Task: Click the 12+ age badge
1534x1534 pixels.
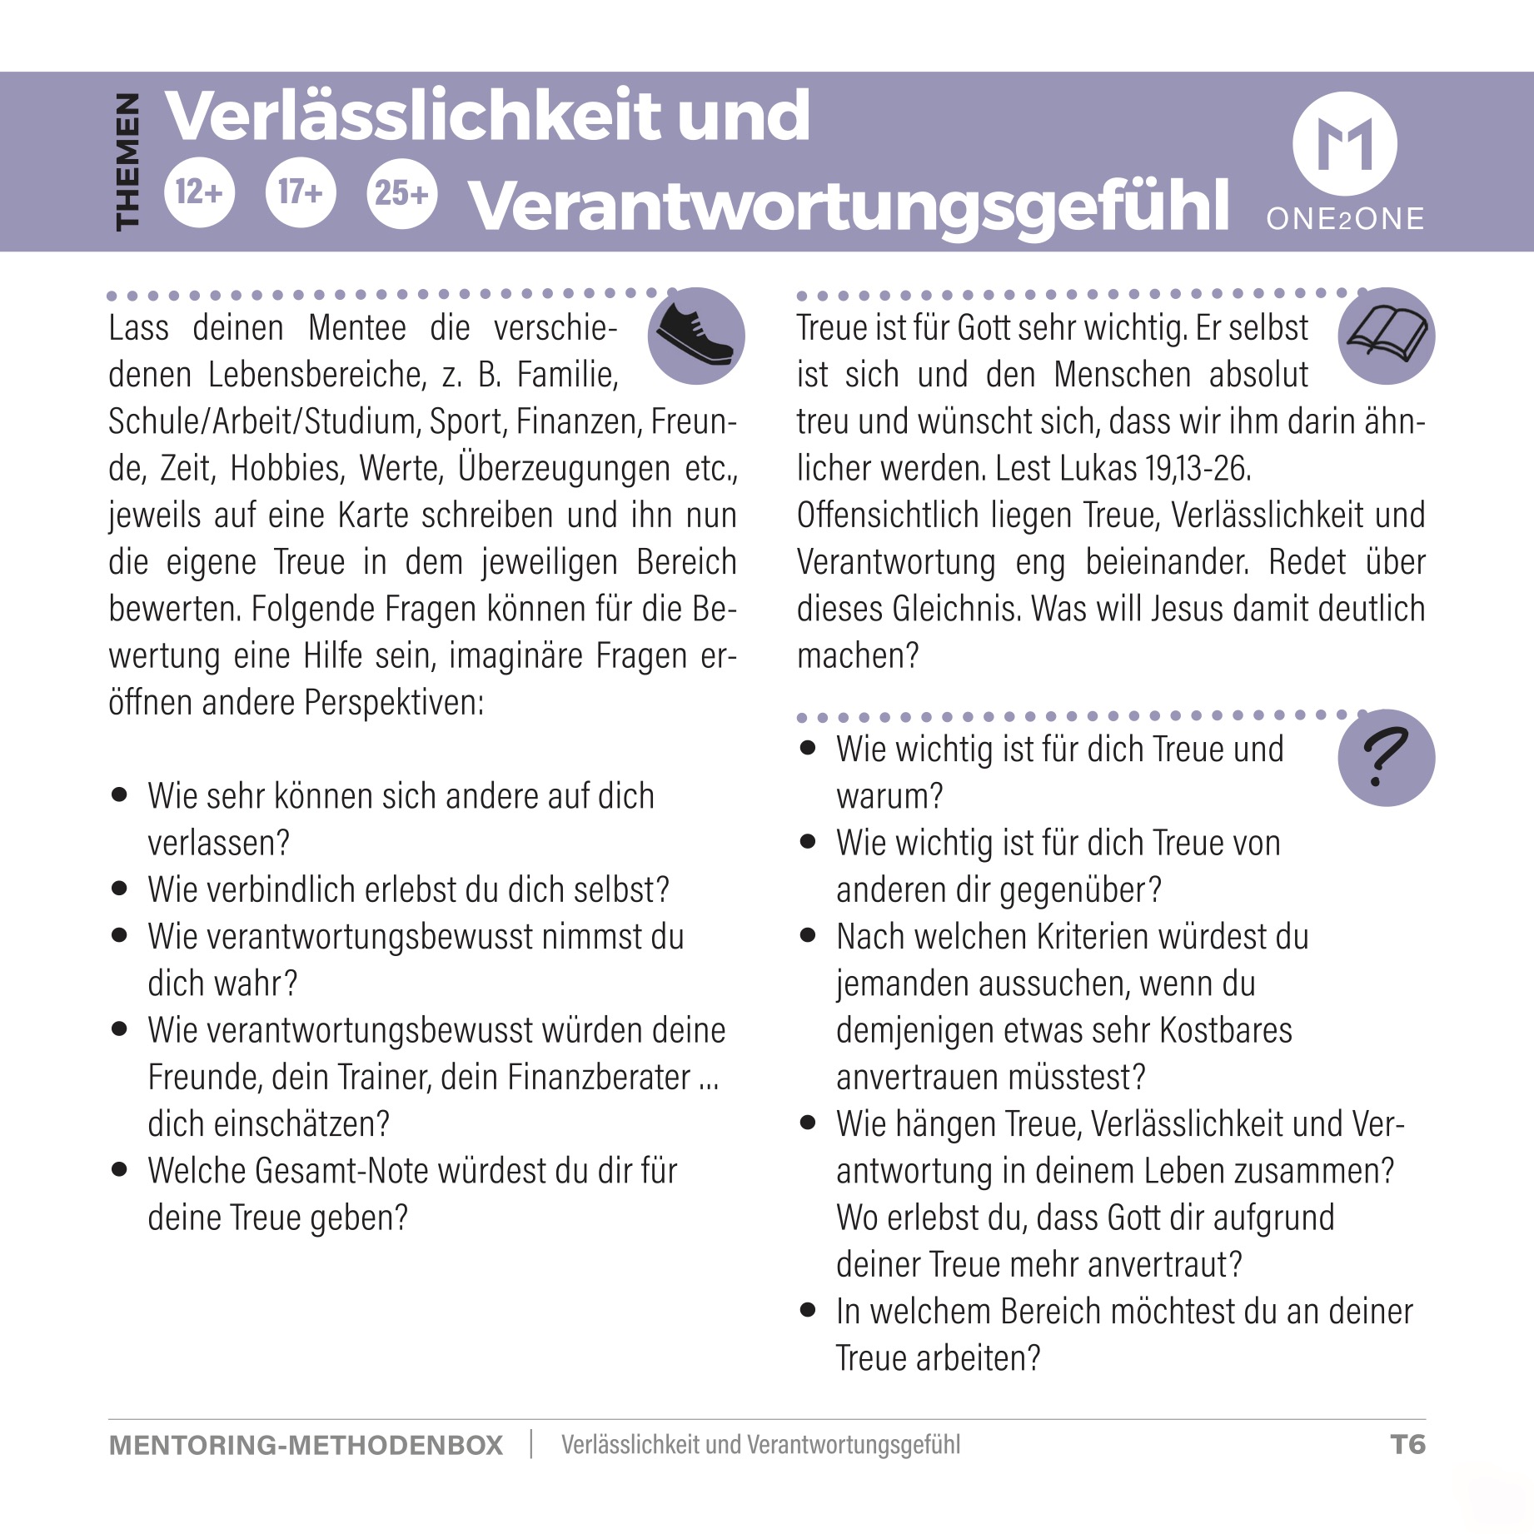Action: click(x=199, y=192)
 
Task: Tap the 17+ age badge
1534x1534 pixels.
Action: click(x=300, y=192)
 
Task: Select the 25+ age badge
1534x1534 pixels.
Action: click(x=401, y=192)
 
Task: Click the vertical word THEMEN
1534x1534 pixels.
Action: click(x=127, y=161)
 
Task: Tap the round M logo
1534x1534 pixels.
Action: click(x=1344, y=143)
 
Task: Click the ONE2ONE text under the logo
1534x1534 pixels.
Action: click(x=1345, y=218)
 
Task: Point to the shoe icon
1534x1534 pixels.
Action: click(x=696, y=335)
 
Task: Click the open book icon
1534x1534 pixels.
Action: click(x=1387, y=335)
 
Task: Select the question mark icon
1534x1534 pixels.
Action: click(x=1386, y=757)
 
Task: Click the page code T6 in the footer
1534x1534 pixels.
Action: click(x=1407, y=1444)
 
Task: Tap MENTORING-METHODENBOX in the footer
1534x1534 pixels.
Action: click(x=306, y=1445)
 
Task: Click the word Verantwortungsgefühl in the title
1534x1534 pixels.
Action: click(x=849, y=205)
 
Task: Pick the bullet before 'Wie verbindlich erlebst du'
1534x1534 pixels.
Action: click(x=120, y=889)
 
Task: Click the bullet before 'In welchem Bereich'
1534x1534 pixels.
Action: click(x=808, y=1310)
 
